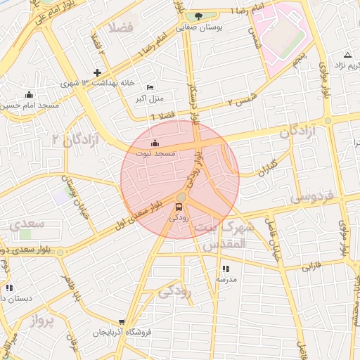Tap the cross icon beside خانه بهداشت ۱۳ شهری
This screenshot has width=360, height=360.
[97, 72]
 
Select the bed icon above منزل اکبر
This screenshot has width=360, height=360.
[149, 87]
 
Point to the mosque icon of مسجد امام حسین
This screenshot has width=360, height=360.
[29, 95]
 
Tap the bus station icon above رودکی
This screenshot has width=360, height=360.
[179, 207]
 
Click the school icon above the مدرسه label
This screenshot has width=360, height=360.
[226, 269]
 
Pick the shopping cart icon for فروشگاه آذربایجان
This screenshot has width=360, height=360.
[122, 321]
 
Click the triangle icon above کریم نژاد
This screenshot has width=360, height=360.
[347, 55]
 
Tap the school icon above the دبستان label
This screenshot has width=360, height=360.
[8, 288]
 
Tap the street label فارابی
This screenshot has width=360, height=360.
[311, 266]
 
